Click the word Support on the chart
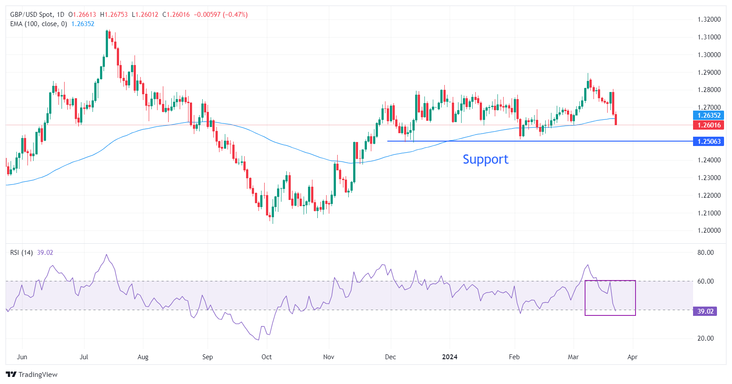[x=485, y=159]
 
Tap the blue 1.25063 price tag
[x=709, y=142]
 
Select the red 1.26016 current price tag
[x=709, y=125]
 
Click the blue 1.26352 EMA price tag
[x=709, y=115]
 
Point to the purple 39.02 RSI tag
[x=705, y=311]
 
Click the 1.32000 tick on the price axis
[x=709, y=19]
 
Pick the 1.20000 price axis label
[x=709, y=230]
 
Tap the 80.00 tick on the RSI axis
[x=705, y=253]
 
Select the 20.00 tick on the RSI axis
[x=705, y=338]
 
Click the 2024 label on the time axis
[x=450, y=357]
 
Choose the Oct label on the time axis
[x=266, y=357]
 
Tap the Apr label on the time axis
[x=632, y=357]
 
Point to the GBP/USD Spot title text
[x=31, y=15]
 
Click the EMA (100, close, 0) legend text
[x=39, y=24]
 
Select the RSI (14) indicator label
[x=21, y=253]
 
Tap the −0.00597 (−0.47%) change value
[x=221, y=15]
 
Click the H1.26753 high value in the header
[x=114, y=15]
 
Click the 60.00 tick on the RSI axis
[x=705, y=281]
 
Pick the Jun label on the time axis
[x=22, y=357]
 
